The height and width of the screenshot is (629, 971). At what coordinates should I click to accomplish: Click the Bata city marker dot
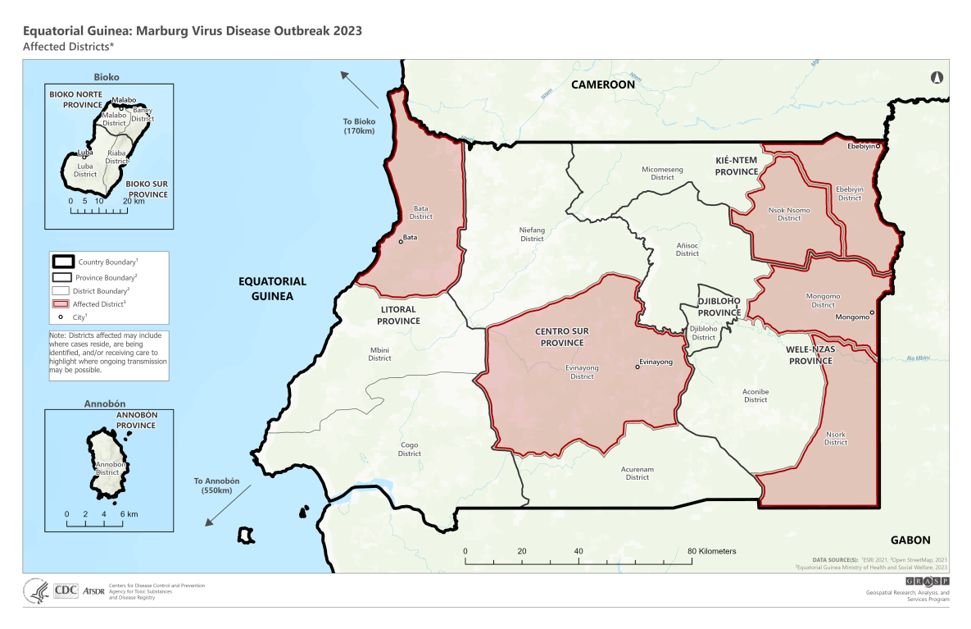(401, 241)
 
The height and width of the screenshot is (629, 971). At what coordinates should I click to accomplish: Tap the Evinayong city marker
(638, 367)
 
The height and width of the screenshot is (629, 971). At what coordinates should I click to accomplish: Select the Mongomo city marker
(872, 312)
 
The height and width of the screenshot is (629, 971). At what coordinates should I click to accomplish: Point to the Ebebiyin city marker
(878, 146)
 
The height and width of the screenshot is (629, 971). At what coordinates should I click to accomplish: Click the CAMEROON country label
(603, 84)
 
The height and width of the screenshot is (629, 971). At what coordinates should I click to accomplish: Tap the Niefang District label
(533, 234)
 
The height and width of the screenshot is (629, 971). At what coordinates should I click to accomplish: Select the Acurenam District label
(637, 473)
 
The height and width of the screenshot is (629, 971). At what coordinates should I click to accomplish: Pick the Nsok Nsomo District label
(789, 214)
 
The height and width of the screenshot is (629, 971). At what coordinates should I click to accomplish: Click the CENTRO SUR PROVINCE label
(561, 337)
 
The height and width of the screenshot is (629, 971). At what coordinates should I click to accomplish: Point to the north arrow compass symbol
(937, 78)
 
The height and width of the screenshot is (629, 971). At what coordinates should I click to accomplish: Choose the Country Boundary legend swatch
(61, 263)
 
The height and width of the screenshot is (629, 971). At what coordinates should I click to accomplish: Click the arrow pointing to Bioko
(360, 89)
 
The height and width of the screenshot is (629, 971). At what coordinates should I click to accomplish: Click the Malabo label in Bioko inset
(125, 100)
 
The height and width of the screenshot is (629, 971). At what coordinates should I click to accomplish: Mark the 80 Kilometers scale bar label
(711, 550)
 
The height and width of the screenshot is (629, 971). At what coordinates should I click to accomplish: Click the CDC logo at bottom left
(65, 590)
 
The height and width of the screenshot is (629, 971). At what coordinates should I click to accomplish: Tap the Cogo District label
(409, 449)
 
